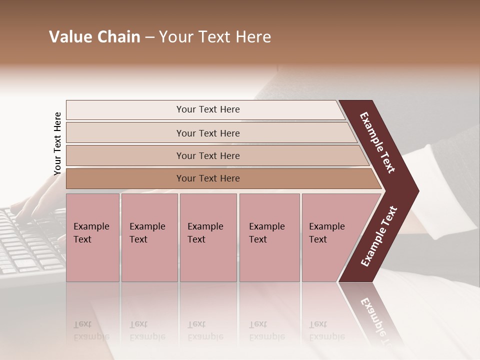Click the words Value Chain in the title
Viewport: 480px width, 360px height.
(94, 37)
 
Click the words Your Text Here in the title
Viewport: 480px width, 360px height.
(215, 37)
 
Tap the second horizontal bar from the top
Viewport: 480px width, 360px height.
(208, 133)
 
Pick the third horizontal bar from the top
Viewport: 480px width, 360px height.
(208, 155)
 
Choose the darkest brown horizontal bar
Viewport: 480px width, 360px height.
(208, 178)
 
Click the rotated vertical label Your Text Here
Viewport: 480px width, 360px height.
(57, 144)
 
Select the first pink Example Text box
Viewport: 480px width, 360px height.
(92, 237)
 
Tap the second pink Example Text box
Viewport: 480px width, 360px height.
(149, 237)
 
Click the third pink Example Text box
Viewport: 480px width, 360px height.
(208, 237)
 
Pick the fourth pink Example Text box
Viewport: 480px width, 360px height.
(269, 237)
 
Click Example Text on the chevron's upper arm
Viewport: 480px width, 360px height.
(378, 142)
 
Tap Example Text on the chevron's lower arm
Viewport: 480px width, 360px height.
(379, 236)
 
